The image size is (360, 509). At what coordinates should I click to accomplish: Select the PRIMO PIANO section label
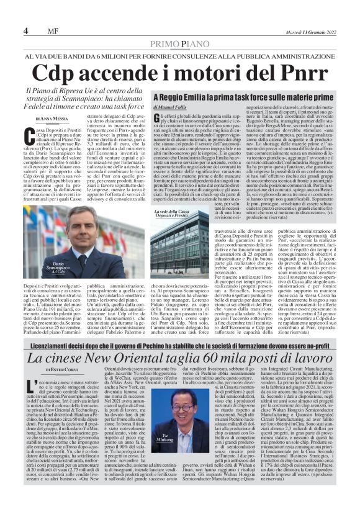[179, 43]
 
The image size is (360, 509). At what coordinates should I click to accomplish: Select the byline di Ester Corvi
[60, 370]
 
